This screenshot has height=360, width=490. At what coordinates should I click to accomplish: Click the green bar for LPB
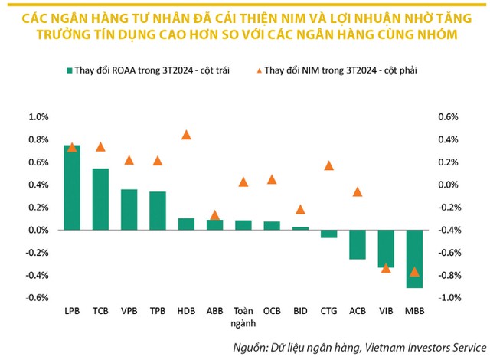(72, 188)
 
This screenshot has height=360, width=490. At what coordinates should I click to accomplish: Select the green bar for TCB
(100, 199)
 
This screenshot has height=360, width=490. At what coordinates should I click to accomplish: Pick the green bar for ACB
(358, 244)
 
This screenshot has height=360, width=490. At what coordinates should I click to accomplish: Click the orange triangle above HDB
(186, 135)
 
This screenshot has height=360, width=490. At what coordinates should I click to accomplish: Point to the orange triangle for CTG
(329, 165)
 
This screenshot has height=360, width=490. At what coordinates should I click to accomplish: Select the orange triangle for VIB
(386, 267)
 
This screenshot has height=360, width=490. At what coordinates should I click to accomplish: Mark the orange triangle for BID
(300, 209)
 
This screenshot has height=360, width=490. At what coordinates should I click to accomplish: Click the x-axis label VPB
(129, 312)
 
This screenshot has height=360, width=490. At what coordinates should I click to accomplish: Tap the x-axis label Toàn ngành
(243, 316)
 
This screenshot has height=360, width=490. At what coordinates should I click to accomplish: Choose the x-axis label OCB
(272, 312)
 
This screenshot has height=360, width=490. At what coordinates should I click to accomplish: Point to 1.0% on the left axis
(38, 117)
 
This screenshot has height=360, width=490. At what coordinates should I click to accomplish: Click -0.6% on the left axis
(38, 298)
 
